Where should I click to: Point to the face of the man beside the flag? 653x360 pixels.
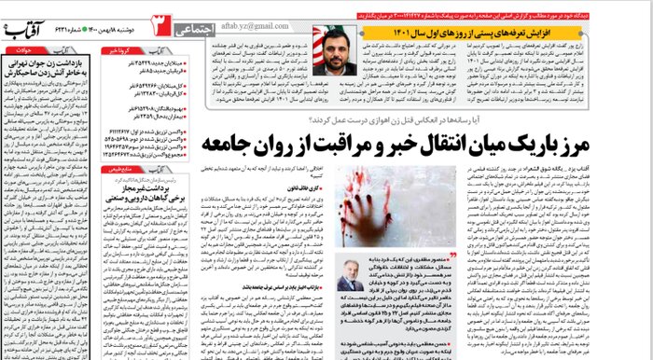pos(333,58)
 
